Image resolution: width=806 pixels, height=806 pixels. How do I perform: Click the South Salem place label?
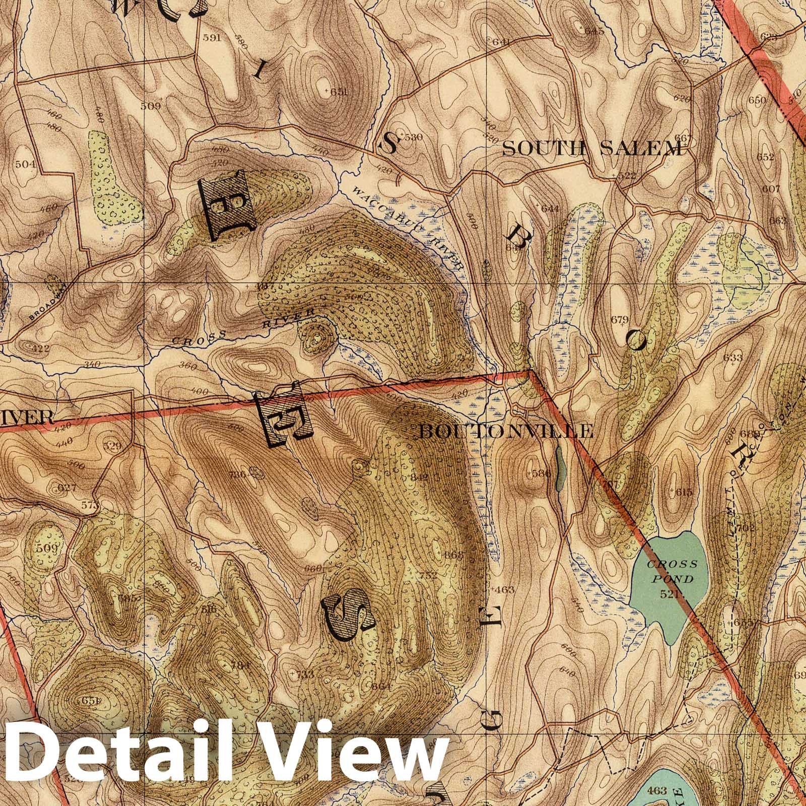(x=595, y=148)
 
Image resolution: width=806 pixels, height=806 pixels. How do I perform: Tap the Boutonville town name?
(x=506, y=431)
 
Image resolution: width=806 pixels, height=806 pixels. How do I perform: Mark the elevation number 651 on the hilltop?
(x=340, y=92)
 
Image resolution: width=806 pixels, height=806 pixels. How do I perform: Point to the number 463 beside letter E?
(x=505, y=589)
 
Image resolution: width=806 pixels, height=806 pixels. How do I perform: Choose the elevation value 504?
(x=25, y=164)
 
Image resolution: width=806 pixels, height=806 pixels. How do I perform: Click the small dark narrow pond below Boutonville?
(x=559, y=466)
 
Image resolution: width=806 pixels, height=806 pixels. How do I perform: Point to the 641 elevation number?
(x=501, y=41)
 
